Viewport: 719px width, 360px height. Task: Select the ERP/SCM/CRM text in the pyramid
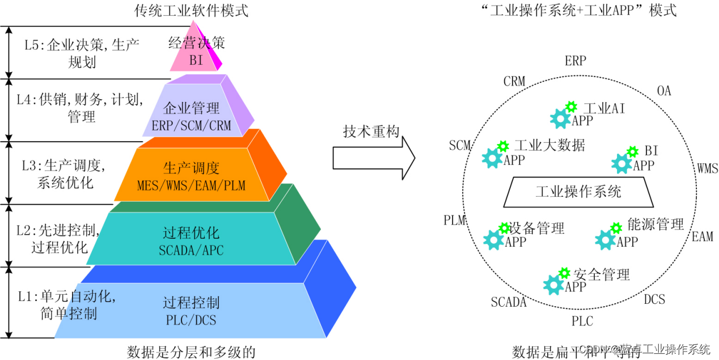pyautogui.click(x=192, y=125)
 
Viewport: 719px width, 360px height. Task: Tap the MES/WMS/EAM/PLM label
pyautogui.click(x=192, y=185)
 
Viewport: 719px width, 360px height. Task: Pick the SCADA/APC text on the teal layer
pyautogui.click(x=192, y=250)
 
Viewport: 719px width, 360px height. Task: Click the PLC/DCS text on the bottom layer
pyautogui.click(x=191, y=320)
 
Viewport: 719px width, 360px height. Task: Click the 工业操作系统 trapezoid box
pyautogui.click(x=578, y=192)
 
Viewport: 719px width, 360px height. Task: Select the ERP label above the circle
pyautogui.click(x=575, y=61)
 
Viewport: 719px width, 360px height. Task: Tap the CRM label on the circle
pyautogui.click(x=514, y=82)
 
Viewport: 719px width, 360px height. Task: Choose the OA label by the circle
pyautogui.click(x=663, y=91)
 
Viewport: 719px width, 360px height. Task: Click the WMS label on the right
pyautogui.click(x=707, y=168)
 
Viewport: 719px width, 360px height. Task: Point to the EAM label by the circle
pyautogui.click(x=702, y=236)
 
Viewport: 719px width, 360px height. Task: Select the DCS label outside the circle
pyautogui.click(x=654, y=299)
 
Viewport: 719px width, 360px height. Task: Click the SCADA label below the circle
pyautogui.click(x=509, y=302)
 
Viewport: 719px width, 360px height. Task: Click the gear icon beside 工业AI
pyautogui.click(x=560, y=118)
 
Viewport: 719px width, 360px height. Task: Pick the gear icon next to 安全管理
pyautogui.click(x=554, y=285)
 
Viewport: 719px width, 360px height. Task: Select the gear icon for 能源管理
pyautogui.click(x=606, y=239)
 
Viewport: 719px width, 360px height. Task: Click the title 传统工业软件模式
pyautogui.click(x=192, y=10)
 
